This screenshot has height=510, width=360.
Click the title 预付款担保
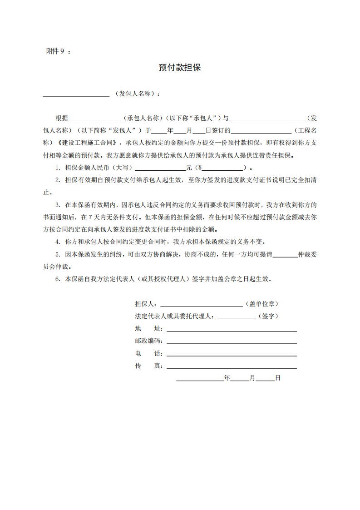pyautogui.click(x=180, y=68)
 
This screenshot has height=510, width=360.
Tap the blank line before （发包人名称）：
pyautogui.click(x=76, y=94)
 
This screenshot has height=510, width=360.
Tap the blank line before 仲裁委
pyautogui.click(x=285, y=255)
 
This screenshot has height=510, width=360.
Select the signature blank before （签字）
pyautogui.click(x=237, y=317)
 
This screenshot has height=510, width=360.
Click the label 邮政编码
pyautogui.click(x=148, y=341)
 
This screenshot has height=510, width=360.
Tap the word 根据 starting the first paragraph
pyautogui.click(x=61, y=119)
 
